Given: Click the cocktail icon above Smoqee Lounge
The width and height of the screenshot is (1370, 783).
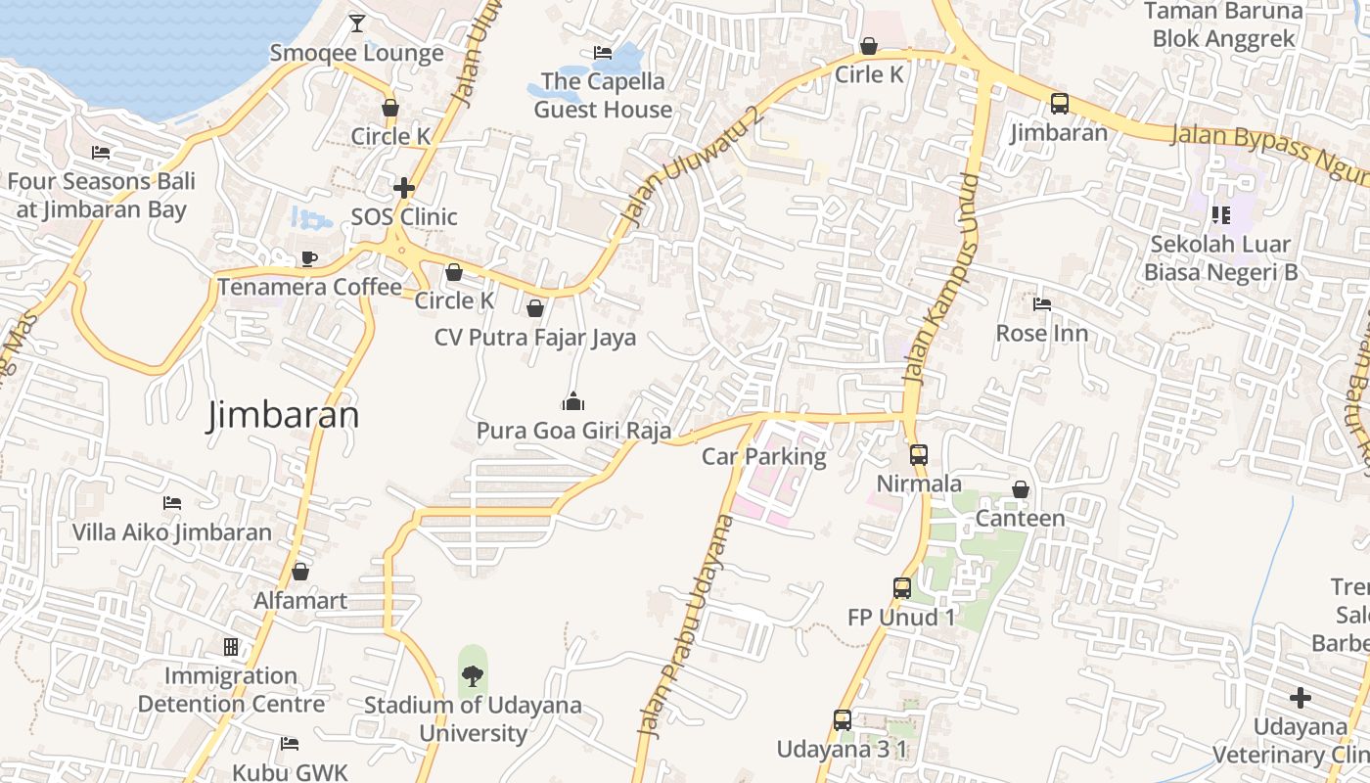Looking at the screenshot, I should point(357,23).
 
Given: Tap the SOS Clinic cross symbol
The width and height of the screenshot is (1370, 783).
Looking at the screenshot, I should point(403,187).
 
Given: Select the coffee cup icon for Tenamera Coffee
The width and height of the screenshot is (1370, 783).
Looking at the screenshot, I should point(309,258).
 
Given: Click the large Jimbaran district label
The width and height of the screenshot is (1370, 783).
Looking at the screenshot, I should point(283,415).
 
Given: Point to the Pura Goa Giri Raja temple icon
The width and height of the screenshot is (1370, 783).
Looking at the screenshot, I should point(573,400).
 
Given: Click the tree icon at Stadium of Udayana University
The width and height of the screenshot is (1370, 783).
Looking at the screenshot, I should point(473,675).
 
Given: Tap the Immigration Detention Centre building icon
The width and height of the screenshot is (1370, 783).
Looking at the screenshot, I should point(231,647).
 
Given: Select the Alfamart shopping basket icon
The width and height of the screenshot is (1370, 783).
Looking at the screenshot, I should point(300,571).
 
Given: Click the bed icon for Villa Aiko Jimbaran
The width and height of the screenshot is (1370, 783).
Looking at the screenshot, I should point(172,503).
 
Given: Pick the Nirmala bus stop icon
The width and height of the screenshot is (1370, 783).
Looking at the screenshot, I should point(918,454).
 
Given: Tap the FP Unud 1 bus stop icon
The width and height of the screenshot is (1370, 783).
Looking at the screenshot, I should point(902,587).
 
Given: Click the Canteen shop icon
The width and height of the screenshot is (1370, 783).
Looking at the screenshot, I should point(1021,488).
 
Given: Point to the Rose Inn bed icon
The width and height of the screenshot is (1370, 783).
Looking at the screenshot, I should point(1042,304).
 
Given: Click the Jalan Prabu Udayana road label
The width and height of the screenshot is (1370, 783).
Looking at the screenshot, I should point(685,626).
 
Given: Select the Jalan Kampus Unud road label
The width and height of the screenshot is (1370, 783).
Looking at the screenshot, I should point(941,279).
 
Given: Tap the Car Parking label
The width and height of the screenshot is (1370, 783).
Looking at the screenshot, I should point(764,456).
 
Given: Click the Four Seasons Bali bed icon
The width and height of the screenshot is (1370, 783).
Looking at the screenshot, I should point(101,152).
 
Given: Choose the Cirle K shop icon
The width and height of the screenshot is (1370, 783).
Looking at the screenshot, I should point(868,46).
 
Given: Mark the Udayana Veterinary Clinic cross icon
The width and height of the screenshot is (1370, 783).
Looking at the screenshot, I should point(1300,698).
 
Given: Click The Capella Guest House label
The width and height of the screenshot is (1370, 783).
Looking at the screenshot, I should point(603,95).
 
